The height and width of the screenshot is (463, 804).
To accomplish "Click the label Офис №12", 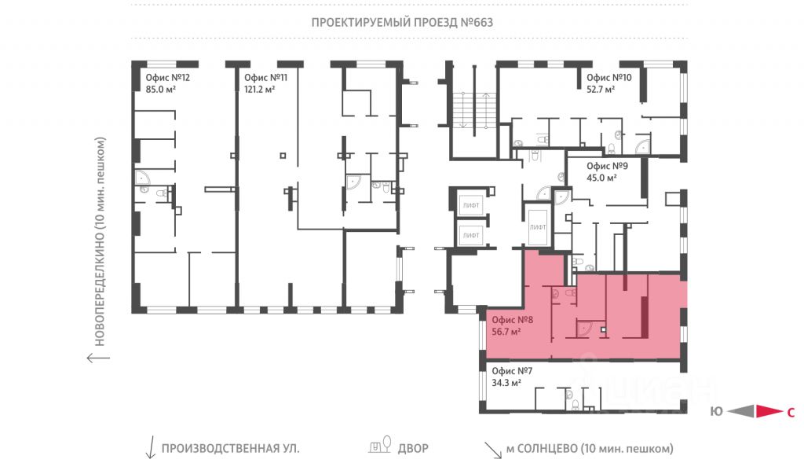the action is click(168, 78).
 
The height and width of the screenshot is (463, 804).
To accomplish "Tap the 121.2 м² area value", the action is click(259, 90).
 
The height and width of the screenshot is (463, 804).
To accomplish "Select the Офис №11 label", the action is click(265, 78).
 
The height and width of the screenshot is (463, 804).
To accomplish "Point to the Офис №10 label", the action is click(608, 78).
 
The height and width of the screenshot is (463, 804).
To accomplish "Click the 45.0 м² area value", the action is click(601, 178).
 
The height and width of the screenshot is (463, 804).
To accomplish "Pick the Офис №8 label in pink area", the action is click(512, 320).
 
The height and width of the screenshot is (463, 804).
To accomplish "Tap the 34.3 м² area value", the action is click(506, 383).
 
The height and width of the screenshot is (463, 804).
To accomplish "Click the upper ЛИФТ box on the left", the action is click(471, 205).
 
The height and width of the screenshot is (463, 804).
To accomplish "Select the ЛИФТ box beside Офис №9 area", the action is click(538, 227).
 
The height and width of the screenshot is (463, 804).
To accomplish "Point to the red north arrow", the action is click(769, 411).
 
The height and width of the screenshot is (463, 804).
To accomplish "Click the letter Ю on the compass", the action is click(716, 412).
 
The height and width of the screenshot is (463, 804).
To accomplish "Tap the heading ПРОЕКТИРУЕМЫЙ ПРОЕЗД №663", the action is click(402, 23).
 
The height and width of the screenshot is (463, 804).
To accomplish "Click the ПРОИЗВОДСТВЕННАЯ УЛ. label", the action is click(230, 449).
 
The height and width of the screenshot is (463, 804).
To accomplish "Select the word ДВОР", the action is click(413, 449).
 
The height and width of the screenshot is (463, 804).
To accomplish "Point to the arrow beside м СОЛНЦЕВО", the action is click(493, 450).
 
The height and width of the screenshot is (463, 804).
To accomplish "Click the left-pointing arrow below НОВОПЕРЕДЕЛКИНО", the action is click(98, 358).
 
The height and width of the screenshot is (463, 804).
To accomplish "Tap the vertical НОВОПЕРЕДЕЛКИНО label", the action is click(100, 241).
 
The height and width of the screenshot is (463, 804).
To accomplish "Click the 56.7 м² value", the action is click(506, 332).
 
